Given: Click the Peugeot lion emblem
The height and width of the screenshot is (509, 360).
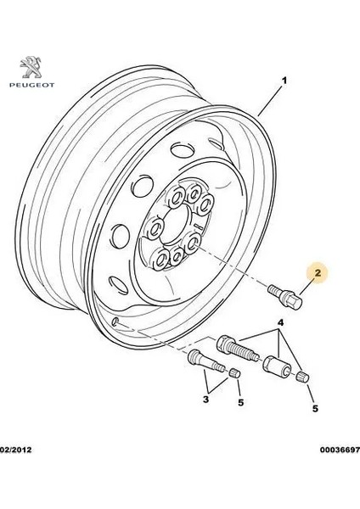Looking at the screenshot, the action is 31,67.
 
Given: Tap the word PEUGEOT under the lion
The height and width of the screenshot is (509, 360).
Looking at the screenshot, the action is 32,86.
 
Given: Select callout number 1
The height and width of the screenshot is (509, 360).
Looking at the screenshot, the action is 284,81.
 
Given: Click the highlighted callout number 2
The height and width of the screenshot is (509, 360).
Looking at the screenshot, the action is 318,272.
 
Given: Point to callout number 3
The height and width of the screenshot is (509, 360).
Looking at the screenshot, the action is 205,399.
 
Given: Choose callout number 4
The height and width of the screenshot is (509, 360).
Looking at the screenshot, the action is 281,322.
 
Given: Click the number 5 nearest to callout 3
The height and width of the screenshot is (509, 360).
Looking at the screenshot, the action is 241,402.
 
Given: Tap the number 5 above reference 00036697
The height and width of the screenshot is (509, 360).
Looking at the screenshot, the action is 316,408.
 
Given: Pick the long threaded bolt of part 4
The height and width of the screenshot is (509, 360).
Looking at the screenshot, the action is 239,349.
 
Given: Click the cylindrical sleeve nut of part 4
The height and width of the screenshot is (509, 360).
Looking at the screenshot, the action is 277,367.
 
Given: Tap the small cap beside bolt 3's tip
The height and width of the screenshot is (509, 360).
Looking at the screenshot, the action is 235,373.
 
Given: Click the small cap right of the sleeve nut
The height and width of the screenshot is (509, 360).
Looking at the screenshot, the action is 303,378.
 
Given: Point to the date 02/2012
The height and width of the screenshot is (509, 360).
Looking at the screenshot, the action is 15,450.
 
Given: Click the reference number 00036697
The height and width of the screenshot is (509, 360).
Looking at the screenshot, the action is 340,450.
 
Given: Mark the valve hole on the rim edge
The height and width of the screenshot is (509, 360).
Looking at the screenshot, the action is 116,322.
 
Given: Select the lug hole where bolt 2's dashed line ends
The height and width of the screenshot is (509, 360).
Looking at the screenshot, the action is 192,243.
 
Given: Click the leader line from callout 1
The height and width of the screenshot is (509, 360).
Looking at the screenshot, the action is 270,101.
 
